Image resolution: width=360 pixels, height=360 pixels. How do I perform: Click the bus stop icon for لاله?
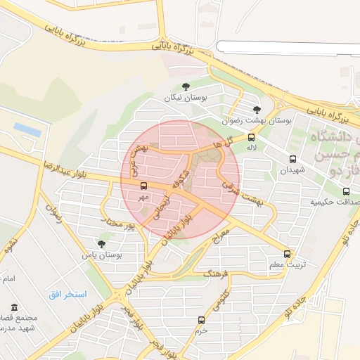click(x=251, y=138)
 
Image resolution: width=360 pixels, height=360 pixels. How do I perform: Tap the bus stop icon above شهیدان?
click(x=293, y=159)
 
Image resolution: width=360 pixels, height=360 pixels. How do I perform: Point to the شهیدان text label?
click(x=293, y=171)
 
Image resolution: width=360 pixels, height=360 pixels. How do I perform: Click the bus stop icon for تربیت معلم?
click(x=287, y=254)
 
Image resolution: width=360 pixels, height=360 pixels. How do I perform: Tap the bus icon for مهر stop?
click(x=144, y=186)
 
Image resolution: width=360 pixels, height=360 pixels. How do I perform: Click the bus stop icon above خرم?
click(x=202, y=319)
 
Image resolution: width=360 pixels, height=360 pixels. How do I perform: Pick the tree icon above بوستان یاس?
click(x=102, y=244)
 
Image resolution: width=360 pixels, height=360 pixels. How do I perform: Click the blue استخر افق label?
click(x=67, y=294)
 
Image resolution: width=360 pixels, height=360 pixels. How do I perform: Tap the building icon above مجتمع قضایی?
click(x=15, y=307)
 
